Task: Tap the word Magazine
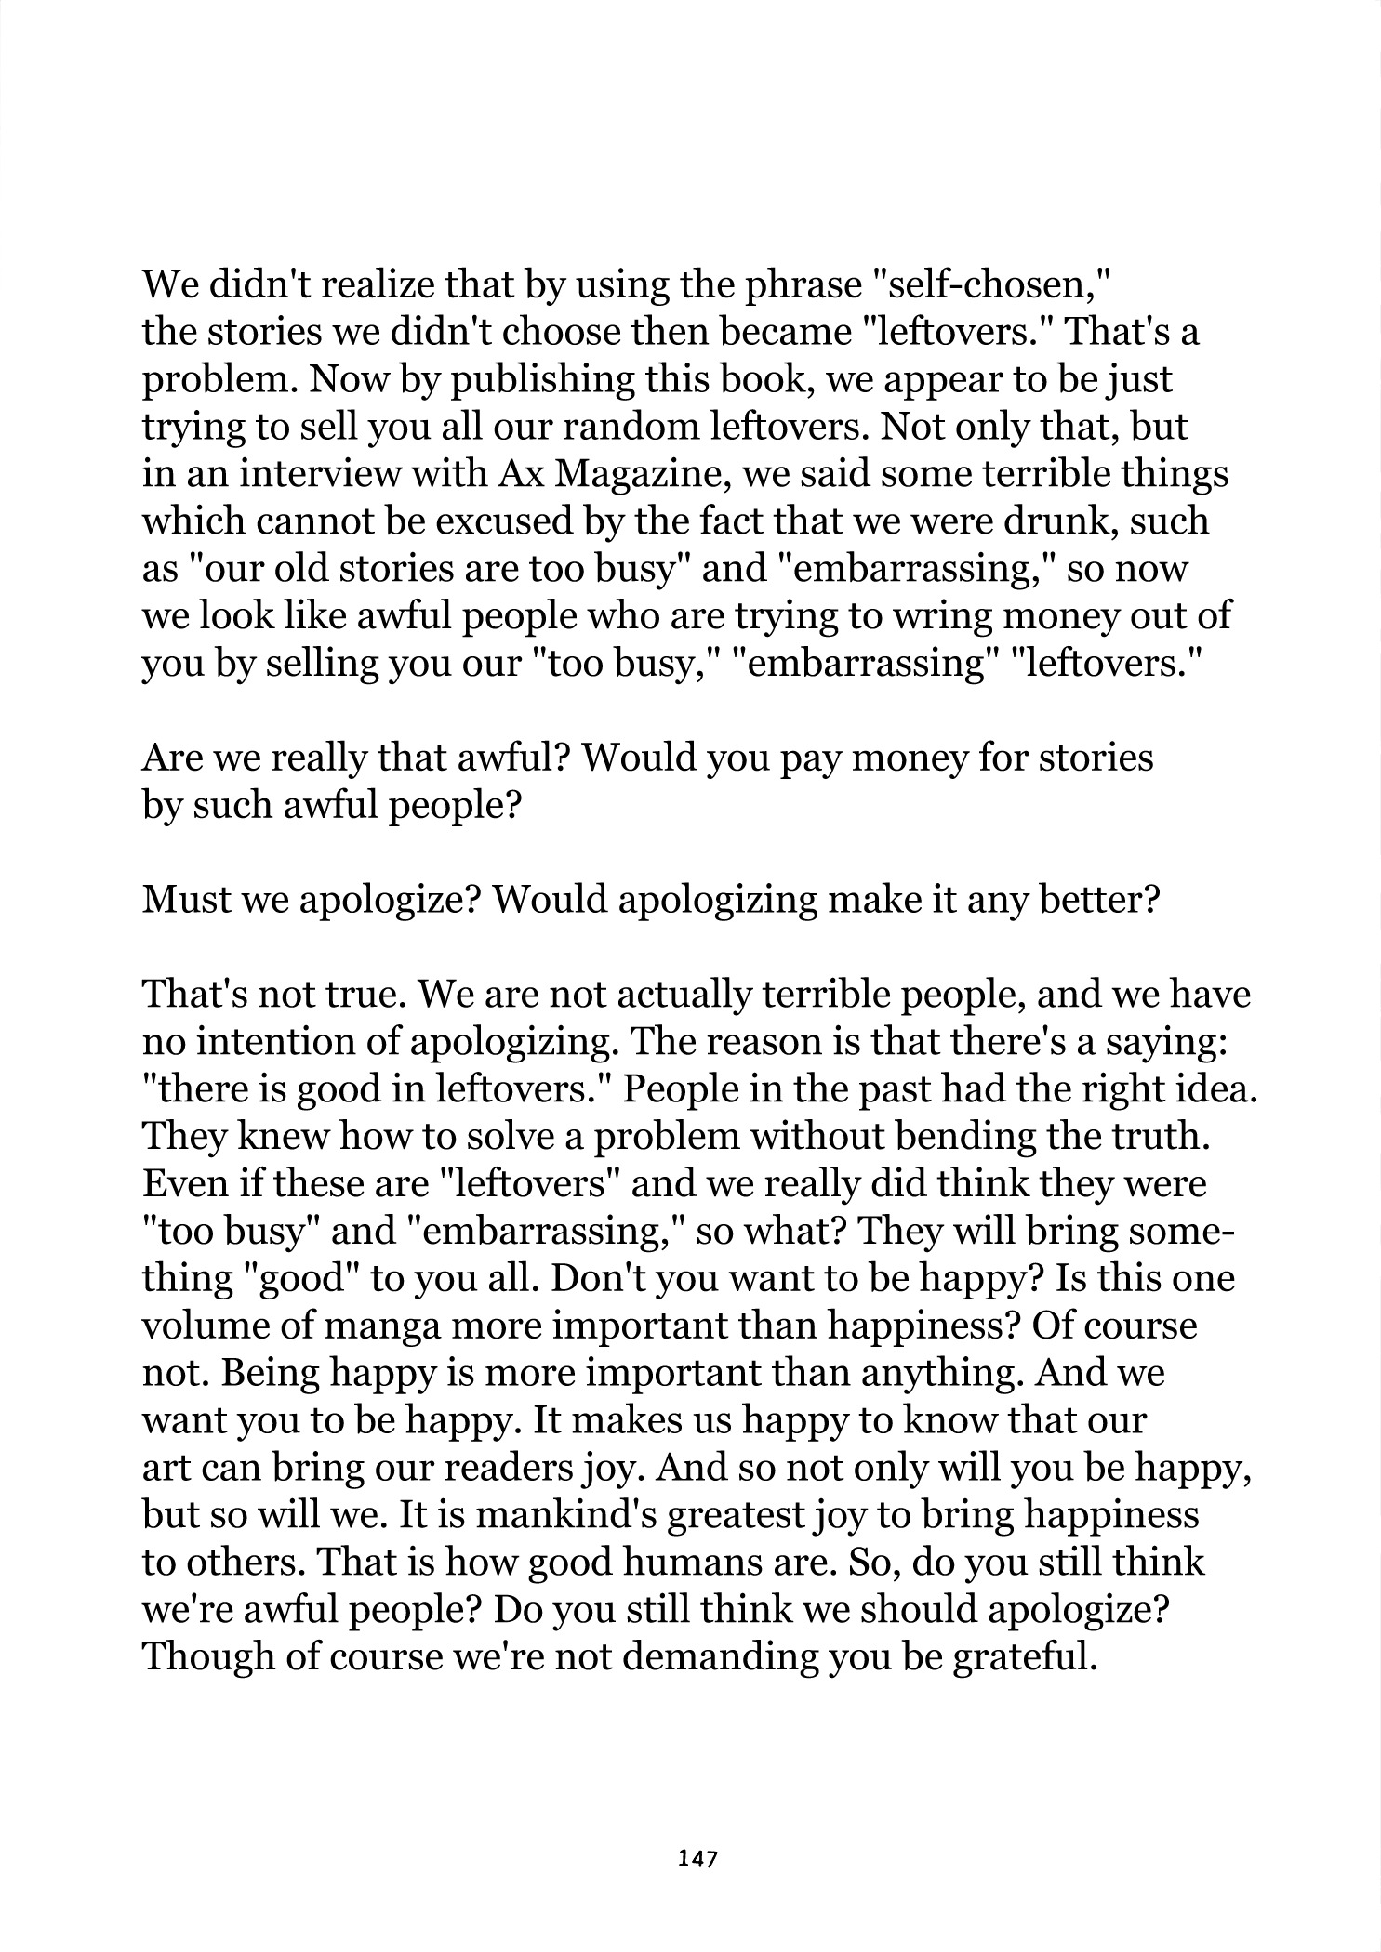635,474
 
